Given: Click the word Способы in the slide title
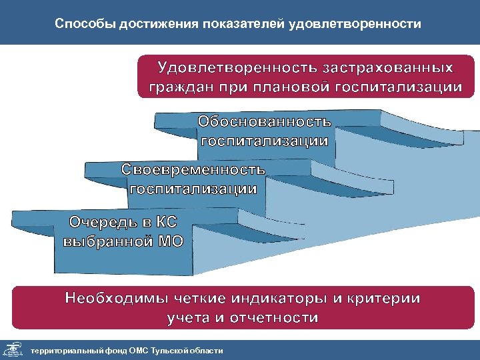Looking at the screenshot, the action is click(84, 25).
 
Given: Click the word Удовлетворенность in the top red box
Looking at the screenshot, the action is click(236, 68).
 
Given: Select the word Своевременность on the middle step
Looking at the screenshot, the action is click(193, 169).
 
